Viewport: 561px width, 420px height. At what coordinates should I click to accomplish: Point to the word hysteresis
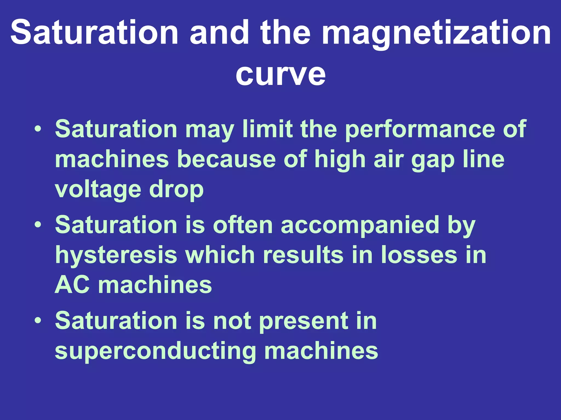click(116, 255)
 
